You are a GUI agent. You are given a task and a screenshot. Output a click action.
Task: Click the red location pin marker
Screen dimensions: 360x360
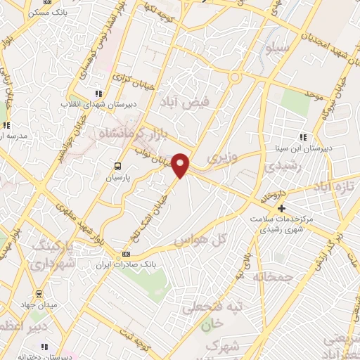click(181, 165)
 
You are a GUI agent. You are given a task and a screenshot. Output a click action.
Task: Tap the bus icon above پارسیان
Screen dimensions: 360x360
click(118, 167)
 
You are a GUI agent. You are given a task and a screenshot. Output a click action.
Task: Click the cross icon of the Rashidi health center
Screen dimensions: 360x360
click(281, 208)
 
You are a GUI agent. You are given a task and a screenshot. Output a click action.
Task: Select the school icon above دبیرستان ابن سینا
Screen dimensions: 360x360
click(303, 138)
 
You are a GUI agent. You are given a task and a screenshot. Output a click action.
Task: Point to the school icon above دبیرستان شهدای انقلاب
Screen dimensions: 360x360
click(98, 94)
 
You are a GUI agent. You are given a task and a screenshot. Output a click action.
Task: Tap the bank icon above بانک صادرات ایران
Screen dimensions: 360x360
click(126, 254)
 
